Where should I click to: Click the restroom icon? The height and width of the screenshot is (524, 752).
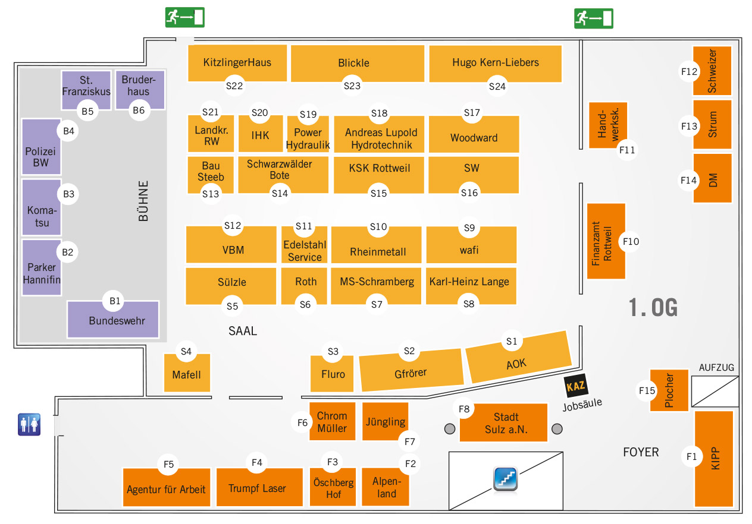point(29,425)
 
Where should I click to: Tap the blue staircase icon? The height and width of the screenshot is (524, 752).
point(505,479)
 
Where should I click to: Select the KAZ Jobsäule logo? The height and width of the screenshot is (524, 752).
point(576,387)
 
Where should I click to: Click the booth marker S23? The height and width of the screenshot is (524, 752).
point(352,86)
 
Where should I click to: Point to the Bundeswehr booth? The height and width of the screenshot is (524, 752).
point(113,321)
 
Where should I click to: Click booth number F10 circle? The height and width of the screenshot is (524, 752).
point(631,241)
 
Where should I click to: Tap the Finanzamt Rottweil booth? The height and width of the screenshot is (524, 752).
point(606,241)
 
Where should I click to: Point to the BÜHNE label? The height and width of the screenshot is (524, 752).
point(143,201)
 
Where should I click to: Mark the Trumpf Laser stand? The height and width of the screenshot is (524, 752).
point(258,488)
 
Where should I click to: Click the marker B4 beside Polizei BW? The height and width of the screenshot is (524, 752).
point(69,131)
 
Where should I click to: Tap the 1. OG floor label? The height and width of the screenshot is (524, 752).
point(653,307)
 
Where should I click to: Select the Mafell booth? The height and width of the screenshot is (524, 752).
point(187,374)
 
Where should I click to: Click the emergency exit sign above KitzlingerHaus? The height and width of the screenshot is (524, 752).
point(184,17)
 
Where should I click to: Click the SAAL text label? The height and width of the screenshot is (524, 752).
point(243,331)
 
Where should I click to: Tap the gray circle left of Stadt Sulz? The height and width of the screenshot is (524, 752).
point(450,428)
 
